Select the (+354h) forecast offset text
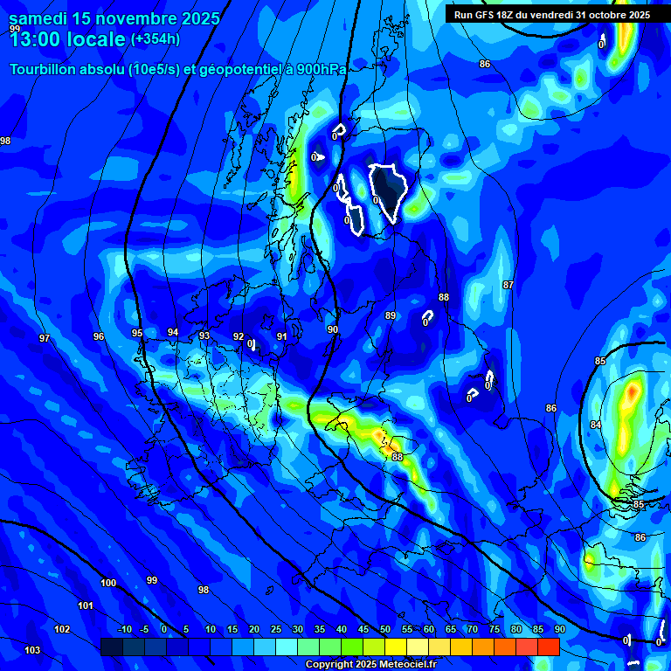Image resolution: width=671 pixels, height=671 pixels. tap(156, 39)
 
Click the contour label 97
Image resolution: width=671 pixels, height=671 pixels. tap(45, 338)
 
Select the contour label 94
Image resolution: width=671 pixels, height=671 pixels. tap(173, 332)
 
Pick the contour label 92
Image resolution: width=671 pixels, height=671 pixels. tap(239, 336)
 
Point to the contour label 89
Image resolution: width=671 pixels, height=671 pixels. tap(391, 315)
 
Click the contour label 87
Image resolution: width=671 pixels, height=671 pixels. tap(508, 286)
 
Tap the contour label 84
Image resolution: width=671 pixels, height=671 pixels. tap(596, 425)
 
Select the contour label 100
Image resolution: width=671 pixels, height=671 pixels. tap(108, 583)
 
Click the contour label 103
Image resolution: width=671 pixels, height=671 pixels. tap(32, 650)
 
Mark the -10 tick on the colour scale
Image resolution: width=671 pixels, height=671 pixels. tap(125, 630)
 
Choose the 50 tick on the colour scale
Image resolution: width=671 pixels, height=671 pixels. tap(385, 630)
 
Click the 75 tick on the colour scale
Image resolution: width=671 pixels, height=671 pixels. tap(495, 630)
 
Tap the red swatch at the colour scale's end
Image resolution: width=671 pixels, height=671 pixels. tap(549, 647)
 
